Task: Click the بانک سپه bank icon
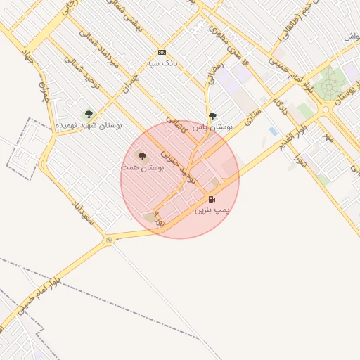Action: click(x=162, y=52)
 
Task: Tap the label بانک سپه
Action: click(x=162, y=63)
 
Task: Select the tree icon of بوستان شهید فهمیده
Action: click(x=89, y=114)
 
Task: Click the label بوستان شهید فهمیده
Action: click(x=89, y=125)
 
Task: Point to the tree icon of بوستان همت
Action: click(x=142, y=156)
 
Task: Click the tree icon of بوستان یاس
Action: click(x=212, y=116)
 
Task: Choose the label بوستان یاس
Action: click(x=212, y=127)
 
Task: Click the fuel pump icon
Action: click(x=212, y=199)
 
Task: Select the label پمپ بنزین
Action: click(x=212, y=210)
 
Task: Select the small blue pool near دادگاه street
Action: click(x=273, y=131)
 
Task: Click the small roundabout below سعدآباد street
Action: click(x=109, y=240)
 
